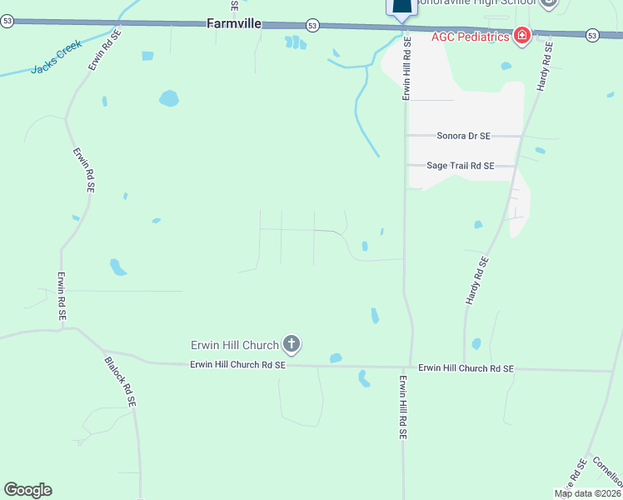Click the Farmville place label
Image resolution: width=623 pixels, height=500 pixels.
234,25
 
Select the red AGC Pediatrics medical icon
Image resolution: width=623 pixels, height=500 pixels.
522,36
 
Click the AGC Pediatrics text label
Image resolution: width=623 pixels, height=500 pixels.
471,37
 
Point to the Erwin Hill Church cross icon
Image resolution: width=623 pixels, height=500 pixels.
291,342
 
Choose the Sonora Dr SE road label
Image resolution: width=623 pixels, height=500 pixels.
464,135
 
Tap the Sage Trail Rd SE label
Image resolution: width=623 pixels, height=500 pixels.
461,166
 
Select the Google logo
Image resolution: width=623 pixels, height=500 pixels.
27,490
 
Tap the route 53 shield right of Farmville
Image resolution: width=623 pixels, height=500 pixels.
311,25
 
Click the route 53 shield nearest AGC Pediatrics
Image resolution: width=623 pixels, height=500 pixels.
591,35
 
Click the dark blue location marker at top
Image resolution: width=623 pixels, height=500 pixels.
401,8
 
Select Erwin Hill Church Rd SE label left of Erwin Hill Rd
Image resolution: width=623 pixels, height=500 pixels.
237,364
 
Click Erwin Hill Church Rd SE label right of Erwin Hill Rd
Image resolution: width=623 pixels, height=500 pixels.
466,367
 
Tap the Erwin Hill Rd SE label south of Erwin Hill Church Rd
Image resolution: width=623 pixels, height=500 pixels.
402,407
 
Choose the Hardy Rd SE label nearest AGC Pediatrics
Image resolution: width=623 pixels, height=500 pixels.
545,67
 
